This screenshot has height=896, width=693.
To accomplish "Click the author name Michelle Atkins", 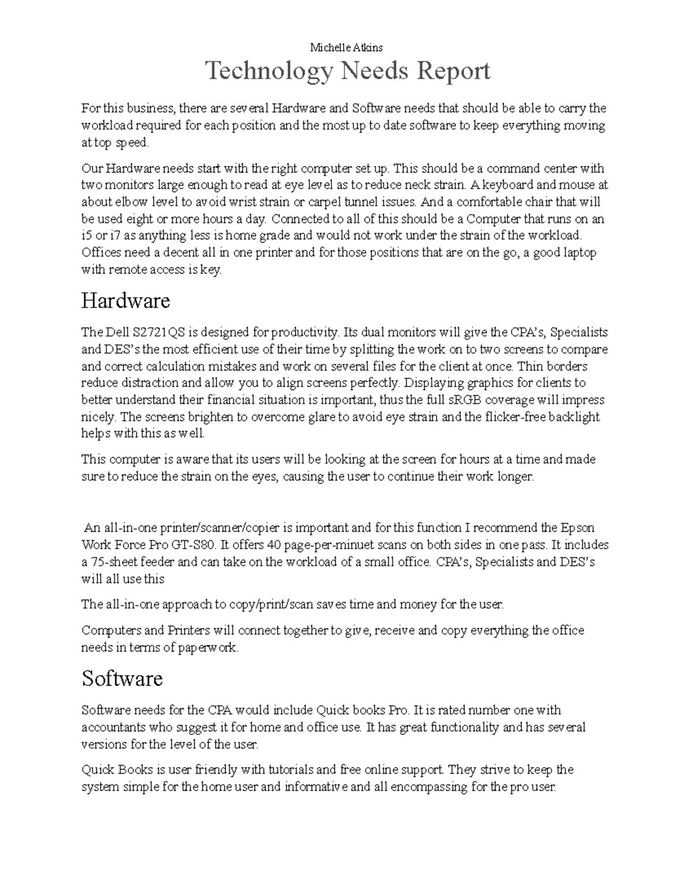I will click(x=346, y=47).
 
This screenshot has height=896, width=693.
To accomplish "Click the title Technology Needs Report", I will click(x=348, y=72).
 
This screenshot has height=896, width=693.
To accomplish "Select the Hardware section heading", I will click(x=125, y=301).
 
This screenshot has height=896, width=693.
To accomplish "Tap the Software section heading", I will click(x=122, y=678).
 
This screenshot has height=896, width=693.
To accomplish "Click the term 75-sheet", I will click(x=115, y=562).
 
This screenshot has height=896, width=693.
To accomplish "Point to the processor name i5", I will click(x=87, y=235).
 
